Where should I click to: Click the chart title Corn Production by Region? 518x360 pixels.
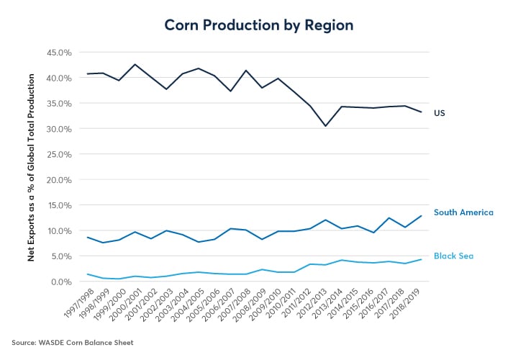(x=259, y=24)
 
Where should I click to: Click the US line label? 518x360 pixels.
(x=439, y=113)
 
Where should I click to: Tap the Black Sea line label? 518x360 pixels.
(x=453, y=256)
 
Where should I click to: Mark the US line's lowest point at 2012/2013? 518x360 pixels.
(x=325, y=126)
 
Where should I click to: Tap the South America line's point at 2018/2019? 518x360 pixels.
(x=421, y=216)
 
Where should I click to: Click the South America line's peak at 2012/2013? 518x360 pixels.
(x=325, y=220)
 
